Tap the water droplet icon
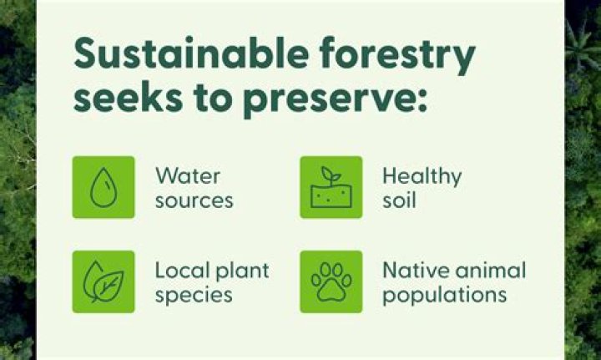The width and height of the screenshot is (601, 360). (104, 187)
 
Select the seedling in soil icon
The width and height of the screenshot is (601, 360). (331, 187)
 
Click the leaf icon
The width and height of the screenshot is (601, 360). (104, 281)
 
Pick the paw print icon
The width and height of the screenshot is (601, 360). (331, 281)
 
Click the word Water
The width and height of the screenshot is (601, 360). (187, 176)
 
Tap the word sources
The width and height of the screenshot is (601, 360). (194, 201)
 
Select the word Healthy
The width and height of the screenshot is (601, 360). (422, 176)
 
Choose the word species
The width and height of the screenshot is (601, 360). (194, 297)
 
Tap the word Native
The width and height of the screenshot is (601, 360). (411, 271)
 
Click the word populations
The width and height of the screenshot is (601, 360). (444, 297)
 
